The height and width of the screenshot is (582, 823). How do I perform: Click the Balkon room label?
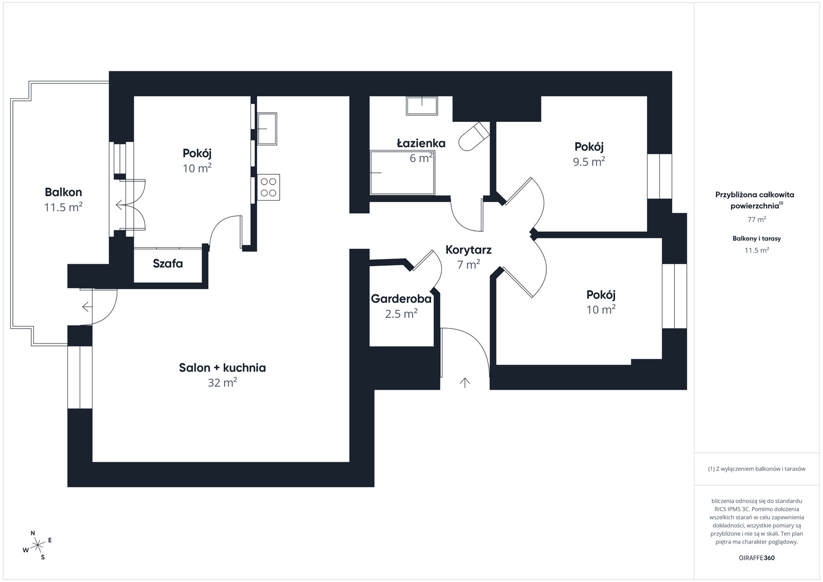[63, 192]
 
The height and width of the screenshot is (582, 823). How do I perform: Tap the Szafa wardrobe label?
[168, 264]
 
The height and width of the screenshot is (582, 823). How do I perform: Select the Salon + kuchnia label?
[222, 368]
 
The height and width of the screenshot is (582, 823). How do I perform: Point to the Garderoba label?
[401, 299]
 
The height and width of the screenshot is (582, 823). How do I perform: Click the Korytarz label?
[469, 250]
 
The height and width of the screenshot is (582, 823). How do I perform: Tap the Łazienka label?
[421, 143]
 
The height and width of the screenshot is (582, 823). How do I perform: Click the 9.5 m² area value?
[589, 162]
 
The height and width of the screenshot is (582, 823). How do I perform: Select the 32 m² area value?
[222, 383]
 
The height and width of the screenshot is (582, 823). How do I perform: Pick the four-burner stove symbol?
[268, 187]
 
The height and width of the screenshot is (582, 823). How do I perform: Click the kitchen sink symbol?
[267, 129]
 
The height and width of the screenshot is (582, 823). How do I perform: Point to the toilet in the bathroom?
[474, 137]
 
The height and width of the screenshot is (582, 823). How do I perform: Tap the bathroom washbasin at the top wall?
[422, 106]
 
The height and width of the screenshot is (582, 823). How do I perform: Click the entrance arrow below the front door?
[465, 383]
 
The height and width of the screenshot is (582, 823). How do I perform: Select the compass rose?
[37, 545]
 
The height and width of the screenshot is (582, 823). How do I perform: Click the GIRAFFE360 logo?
[757, 558]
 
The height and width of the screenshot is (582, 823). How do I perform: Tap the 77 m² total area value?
[757, 219]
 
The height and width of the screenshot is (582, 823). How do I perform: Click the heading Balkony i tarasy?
[757, 239]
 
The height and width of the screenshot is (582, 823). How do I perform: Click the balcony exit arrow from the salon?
[87, 306]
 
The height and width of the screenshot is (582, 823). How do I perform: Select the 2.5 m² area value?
[401, 314]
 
